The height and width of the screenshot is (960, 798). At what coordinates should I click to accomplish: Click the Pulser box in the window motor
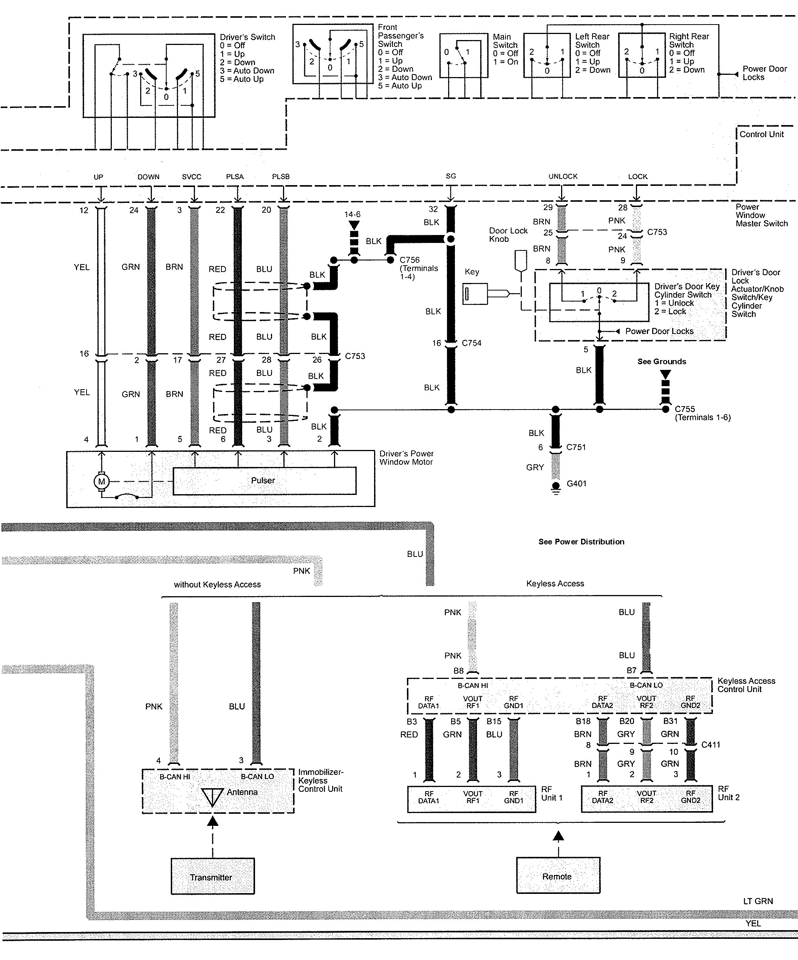264,481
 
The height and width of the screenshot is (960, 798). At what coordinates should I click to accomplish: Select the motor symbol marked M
102,481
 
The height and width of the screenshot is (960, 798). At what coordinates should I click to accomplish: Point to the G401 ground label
576,484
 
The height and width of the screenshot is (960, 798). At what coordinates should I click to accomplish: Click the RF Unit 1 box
472,799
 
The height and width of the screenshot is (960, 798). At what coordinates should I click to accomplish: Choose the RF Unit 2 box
646,799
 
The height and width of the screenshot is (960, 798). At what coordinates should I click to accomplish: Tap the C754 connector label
472,343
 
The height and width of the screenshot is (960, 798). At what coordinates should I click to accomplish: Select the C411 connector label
711,745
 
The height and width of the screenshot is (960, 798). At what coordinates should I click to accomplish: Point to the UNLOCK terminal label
563,176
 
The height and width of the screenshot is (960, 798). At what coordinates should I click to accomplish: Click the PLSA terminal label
235,177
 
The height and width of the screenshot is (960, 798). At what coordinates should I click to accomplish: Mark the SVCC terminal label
192,177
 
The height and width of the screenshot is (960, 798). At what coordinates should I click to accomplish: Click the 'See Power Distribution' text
581,542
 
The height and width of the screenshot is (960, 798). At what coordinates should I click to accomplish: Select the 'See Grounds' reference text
662,362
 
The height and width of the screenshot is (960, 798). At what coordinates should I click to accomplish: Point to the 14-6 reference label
353,214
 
